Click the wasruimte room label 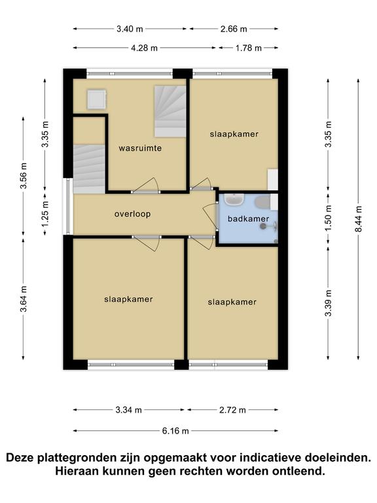pyautogui.click(x=140, y=148)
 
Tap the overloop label pyautogui.click(x=132, y=214)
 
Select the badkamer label pyautogui.click(x=248, y=219)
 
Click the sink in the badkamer pyautogui.click(x=234, y=200)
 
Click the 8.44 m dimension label pyautogui.click(x=359, y=219)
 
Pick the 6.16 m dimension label pyautogui.click(x=175, y=431)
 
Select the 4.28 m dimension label pyautogui.click(x=144, y=48)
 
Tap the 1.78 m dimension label pyautogui.click(x=249, y=48)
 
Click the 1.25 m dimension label pyautogui.click(x=45, y=214)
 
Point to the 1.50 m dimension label pyautogui.click(x=329, y=218)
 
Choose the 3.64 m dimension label pyautogui.click(x=24, y=299)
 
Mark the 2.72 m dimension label pyautogui.click(x=232, y=410)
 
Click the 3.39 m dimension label pyautogui.click(x=329, y=303)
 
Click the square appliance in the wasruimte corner pyautogui.click(x=96, y=100)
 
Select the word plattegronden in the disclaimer pyautogui.click(x=89, y=457)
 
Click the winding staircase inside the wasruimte pyautogui.click(x=170, y=111)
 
